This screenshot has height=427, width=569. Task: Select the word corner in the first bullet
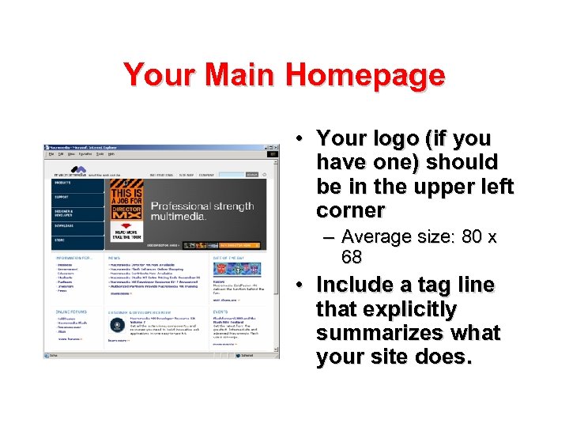[x=350, y=210]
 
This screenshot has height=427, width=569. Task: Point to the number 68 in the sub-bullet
[x=352, y=257]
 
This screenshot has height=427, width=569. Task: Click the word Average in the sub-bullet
[x=376, y=236]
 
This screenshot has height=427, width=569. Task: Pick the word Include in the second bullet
[x=356, y=285]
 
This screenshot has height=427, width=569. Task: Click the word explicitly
[x=386, y=309]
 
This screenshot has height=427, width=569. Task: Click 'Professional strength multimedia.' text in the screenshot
[x=202, y=210]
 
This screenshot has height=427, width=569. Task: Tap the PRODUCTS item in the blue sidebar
[x=63, y=183]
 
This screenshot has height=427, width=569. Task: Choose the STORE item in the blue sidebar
[x=60, y=240]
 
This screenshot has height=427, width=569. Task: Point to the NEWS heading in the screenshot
[x=115, y=258]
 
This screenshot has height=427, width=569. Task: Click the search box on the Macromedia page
[x=231, y=174]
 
